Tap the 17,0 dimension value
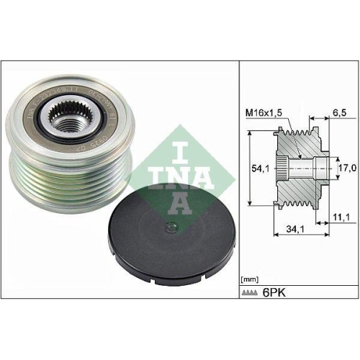347,167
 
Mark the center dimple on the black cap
170,230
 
